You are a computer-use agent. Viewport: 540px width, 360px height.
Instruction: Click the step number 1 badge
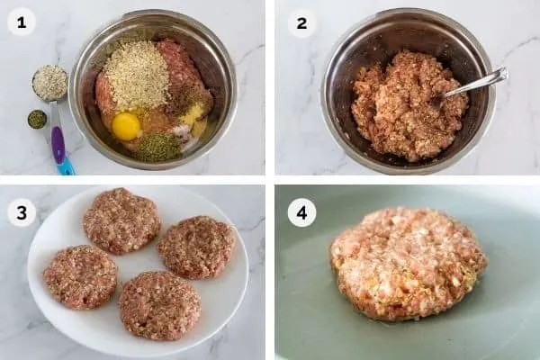[x=22, y=22]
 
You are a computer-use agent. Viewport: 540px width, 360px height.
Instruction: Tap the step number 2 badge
[x=301, y=23]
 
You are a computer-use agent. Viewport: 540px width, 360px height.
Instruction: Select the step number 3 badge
[x=22, y=213]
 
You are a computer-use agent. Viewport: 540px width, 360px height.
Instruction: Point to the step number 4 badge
[x=301, y=213]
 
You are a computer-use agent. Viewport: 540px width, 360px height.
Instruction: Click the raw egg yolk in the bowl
[x=126, y=126]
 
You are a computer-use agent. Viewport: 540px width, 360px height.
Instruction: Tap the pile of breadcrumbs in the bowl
[x=136, y=74]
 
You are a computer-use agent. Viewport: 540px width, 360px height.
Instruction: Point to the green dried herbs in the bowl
[x=157, y=148]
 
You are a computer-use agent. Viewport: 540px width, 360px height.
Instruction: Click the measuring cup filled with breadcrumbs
[x=49, y=83]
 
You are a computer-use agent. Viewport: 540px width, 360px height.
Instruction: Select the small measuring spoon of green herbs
[x=37, y=120]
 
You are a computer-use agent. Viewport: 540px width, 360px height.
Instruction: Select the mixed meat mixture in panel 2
[x=407, y=105]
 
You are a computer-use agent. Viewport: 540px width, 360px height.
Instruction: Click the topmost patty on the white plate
[x=121, y=220]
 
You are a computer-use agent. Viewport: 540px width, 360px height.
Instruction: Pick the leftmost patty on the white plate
[x=80, y=276]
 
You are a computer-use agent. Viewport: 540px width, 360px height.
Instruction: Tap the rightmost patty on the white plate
[x=196, y=247]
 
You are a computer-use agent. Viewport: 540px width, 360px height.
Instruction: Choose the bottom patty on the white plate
[x=159, y=305]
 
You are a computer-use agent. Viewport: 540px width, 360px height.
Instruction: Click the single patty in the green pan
[x=409, y=265]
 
